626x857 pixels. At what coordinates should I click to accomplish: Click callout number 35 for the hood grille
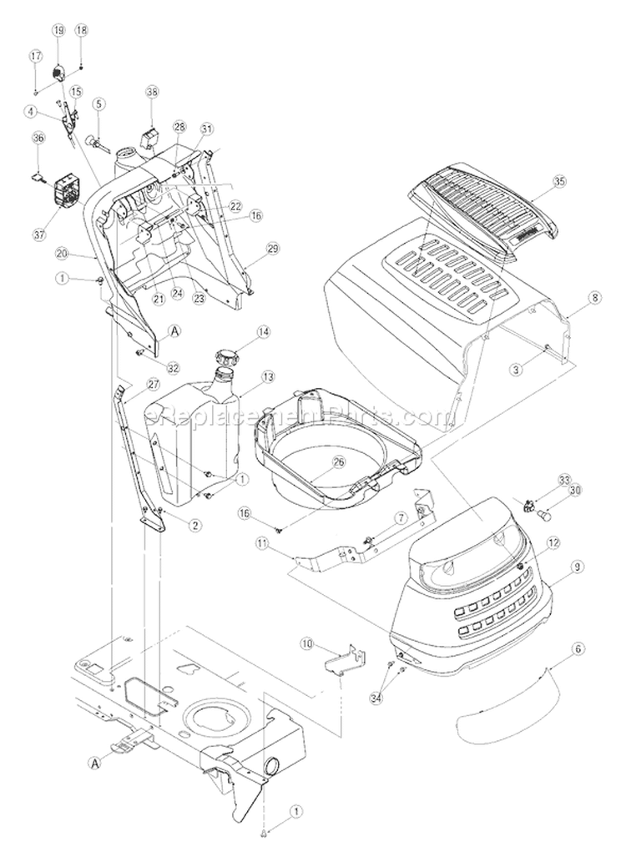click(558, 179)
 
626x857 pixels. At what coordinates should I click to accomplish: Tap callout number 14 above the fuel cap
click(264, 332)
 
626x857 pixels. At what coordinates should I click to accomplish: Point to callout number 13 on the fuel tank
click(268, 376)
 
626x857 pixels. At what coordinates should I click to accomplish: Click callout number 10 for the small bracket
click(306, 643)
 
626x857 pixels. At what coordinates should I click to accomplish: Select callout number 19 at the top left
click(58, 29)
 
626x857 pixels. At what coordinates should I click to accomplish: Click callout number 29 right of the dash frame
click(271, 249)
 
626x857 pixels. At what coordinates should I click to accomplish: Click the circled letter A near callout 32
click(175, 331)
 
